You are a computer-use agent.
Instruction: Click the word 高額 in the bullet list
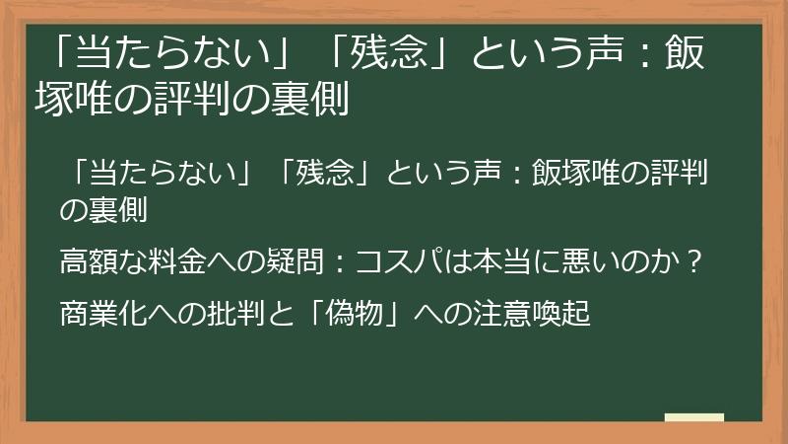(87, 264)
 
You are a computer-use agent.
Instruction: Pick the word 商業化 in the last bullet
(100, 316)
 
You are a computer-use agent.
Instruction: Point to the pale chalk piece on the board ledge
(694, 417)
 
